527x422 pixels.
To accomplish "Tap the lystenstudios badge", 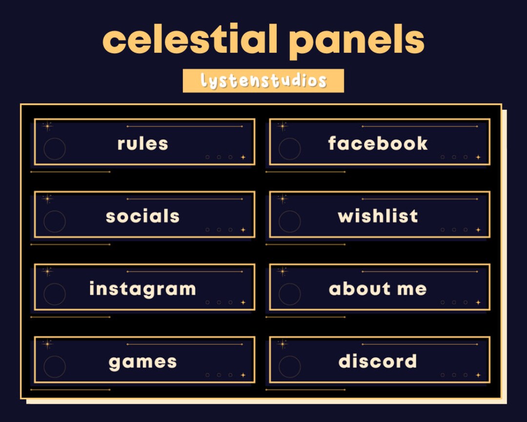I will point(263,81).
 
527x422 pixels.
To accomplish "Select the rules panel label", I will point(142,144).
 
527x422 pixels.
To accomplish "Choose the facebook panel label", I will point(378,144).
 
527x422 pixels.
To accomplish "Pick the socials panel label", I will point(142,216).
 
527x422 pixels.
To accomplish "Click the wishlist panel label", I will point(378,216).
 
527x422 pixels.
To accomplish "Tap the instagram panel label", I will point(142,289).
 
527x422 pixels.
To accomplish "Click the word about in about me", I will point(360,289).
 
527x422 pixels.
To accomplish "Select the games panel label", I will point(142,362).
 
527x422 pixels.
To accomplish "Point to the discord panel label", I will point(378,361).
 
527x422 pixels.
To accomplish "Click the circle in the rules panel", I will point(55,149).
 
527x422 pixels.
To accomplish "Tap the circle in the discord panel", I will point(290,367).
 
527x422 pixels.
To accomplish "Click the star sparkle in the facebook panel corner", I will point(283,126).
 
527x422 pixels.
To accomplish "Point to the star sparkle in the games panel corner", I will point(47,344).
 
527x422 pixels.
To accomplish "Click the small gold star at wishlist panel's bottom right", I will point(478,230).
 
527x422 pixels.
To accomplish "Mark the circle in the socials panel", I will point(55,221).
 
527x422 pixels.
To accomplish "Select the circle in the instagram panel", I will point(55,294).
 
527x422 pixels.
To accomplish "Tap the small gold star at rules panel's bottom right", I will point(243,157).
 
